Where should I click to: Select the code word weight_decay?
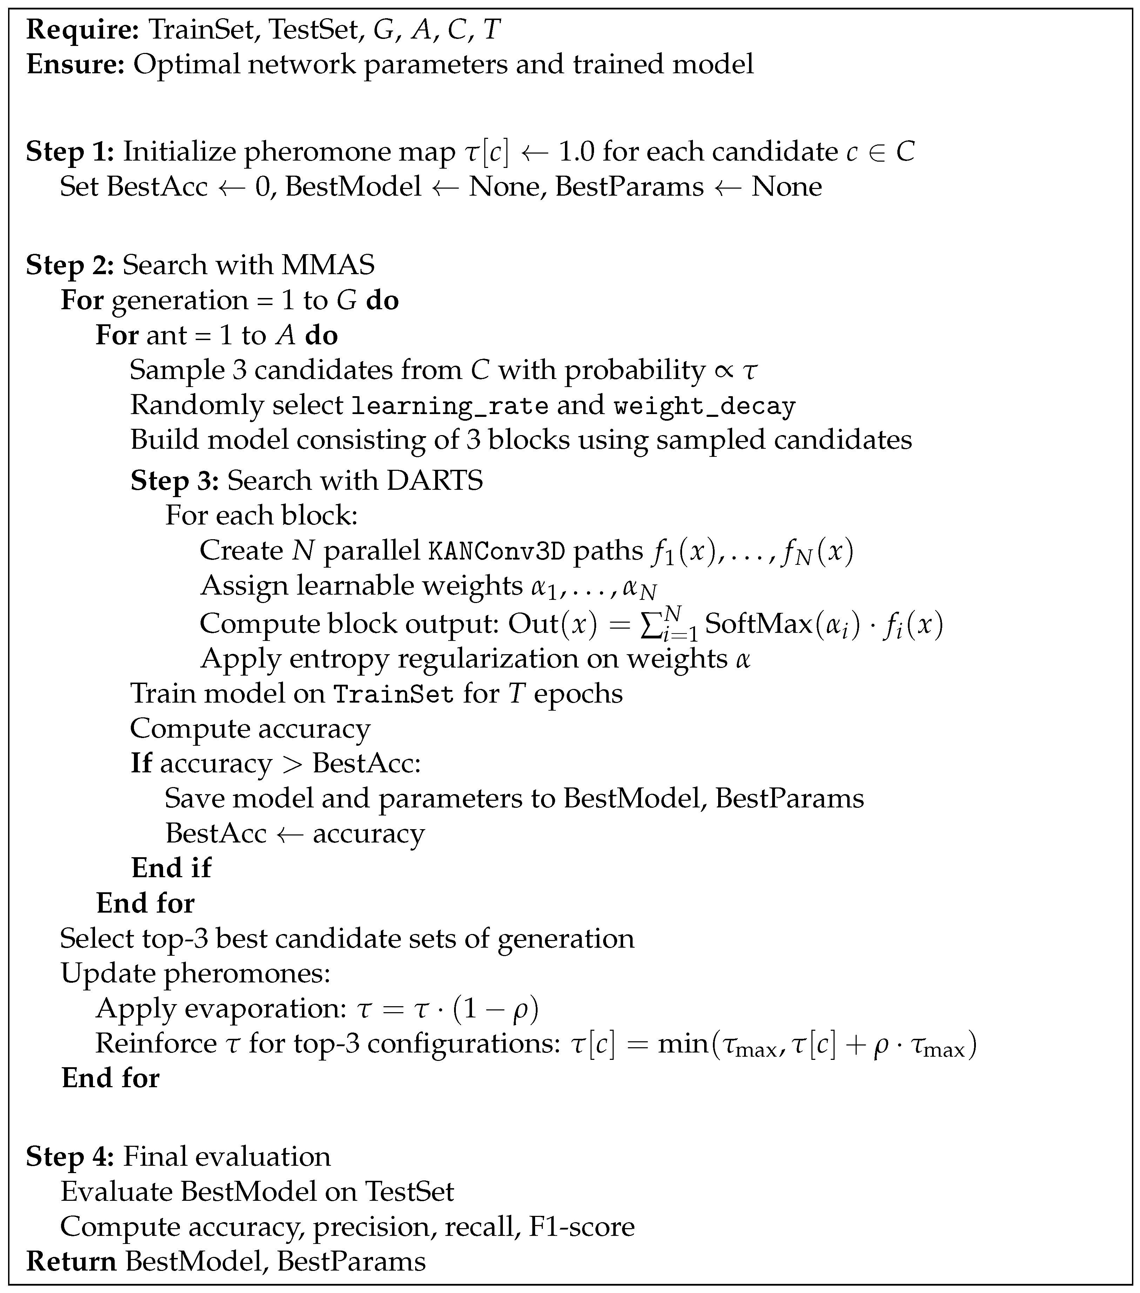pos(704,406)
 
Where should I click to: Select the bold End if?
pos(171,868)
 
